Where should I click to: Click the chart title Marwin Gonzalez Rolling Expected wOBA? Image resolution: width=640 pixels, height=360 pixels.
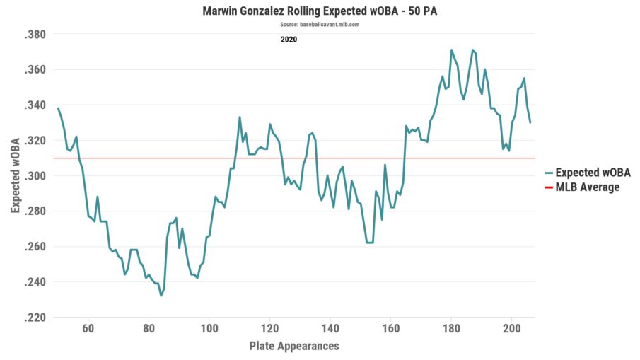[x=320, y=11]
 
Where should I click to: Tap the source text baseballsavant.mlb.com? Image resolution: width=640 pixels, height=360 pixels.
[x=320, y=25]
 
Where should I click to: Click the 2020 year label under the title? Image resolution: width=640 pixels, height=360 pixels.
[x=289, y=40]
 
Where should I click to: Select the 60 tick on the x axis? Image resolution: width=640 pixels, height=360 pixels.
[x=88, y=329]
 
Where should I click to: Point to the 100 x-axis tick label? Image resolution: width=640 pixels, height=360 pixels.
[x=209, y=329]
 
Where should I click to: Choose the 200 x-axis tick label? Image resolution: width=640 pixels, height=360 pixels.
[x=511, y=329]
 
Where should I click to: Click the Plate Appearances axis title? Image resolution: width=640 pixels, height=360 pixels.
[x=294, y=346]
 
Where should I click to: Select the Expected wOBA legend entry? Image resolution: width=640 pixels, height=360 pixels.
[x=593, y=173]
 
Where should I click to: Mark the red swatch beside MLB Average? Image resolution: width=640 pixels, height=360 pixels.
[x=549, y=187]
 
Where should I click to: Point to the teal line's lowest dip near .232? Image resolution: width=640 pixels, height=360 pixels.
[x=161, y=296]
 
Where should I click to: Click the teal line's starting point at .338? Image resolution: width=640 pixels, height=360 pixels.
[x=58, y=108]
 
